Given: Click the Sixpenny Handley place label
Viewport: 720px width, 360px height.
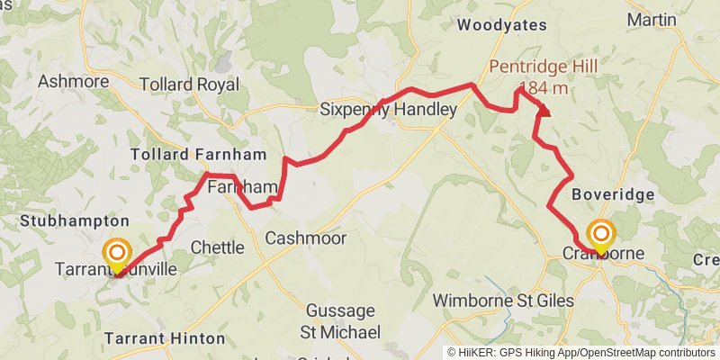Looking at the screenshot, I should [x=389, y=110].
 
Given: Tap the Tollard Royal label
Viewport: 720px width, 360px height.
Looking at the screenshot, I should [x=189, y=85].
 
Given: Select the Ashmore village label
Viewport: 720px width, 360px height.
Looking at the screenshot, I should [x=73, y=82].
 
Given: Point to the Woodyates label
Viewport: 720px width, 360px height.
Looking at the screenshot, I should [x=500, y=25].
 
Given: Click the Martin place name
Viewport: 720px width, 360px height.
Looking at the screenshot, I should [x=652, y=19].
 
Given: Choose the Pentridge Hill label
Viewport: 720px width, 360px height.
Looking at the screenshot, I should [x=543, y=66].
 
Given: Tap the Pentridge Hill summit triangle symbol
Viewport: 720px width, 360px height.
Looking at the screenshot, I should [x=544, y=111].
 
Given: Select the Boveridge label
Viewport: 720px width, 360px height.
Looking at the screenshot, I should [x=611, y=194].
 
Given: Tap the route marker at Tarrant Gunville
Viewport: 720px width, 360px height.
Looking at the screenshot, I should [x=117, y=254].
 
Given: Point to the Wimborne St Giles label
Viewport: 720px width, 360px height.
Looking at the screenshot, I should [x=503, y=300].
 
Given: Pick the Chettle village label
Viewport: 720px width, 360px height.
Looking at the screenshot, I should [x=217, y=247].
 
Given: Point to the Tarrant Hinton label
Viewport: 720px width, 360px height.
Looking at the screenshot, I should [x=165, y=338].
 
